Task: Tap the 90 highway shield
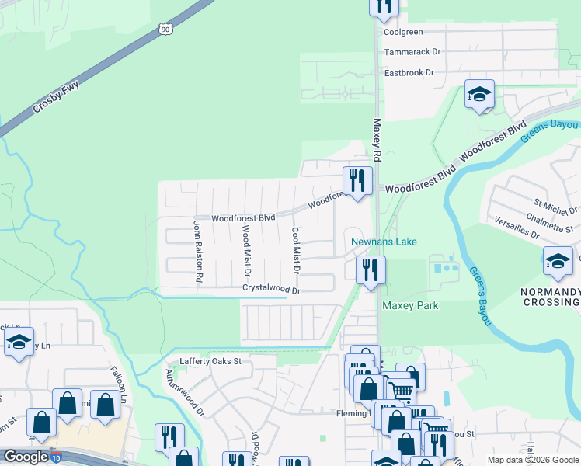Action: (x=165, y=29)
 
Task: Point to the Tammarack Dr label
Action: (x=412, y=52)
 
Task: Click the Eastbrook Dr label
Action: (x=409, y=72)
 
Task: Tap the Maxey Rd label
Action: (x=377, y=140)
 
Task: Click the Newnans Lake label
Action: (x=384, y=242)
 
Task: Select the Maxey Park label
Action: (x=409, y=305)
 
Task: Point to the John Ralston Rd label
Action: (x=198, y=250)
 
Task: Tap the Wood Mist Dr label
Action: (x=246, y=250)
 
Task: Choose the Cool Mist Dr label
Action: (x=295, y=250)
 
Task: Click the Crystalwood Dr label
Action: (x=271, y=287)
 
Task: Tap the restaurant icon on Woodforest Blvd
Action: (x=357, y=182)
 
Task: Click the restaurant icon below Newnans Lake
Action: (x=371, y=270)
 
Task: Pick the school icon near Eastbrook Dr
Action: (x=479, y=95)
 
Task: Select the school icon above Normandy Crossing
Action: (x=557, y=261)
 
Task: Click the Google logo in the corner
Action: (x=25, y=457)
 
